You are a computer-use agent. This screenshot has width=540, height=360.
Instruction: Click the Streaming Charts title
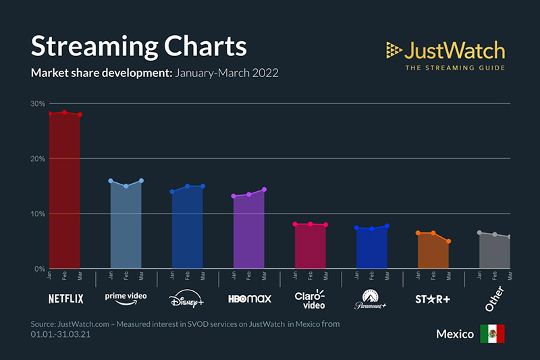(138, 46)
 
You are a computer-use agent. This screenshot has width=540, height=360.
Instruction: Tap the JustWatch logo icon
(394, 50)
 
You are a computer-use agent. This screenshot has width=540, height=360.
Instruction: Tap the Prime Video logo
(126, 298)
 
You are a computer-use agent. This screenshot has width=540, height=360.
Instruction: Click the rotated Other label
(495, 298)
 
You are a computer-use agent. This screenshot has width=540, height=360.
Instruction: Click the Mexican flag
(492, 334)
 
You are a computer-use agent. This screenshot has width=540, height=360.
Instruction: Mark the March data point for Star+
(448, 241)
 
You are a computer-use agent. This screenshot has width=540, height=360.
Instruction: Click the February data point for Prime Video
(126, 186)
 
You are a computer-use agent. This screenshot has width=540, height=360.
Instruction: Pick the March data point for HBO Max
(265, 189)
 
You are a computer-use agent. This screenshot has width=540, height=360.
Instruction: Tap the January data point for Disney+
(172, 192)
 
